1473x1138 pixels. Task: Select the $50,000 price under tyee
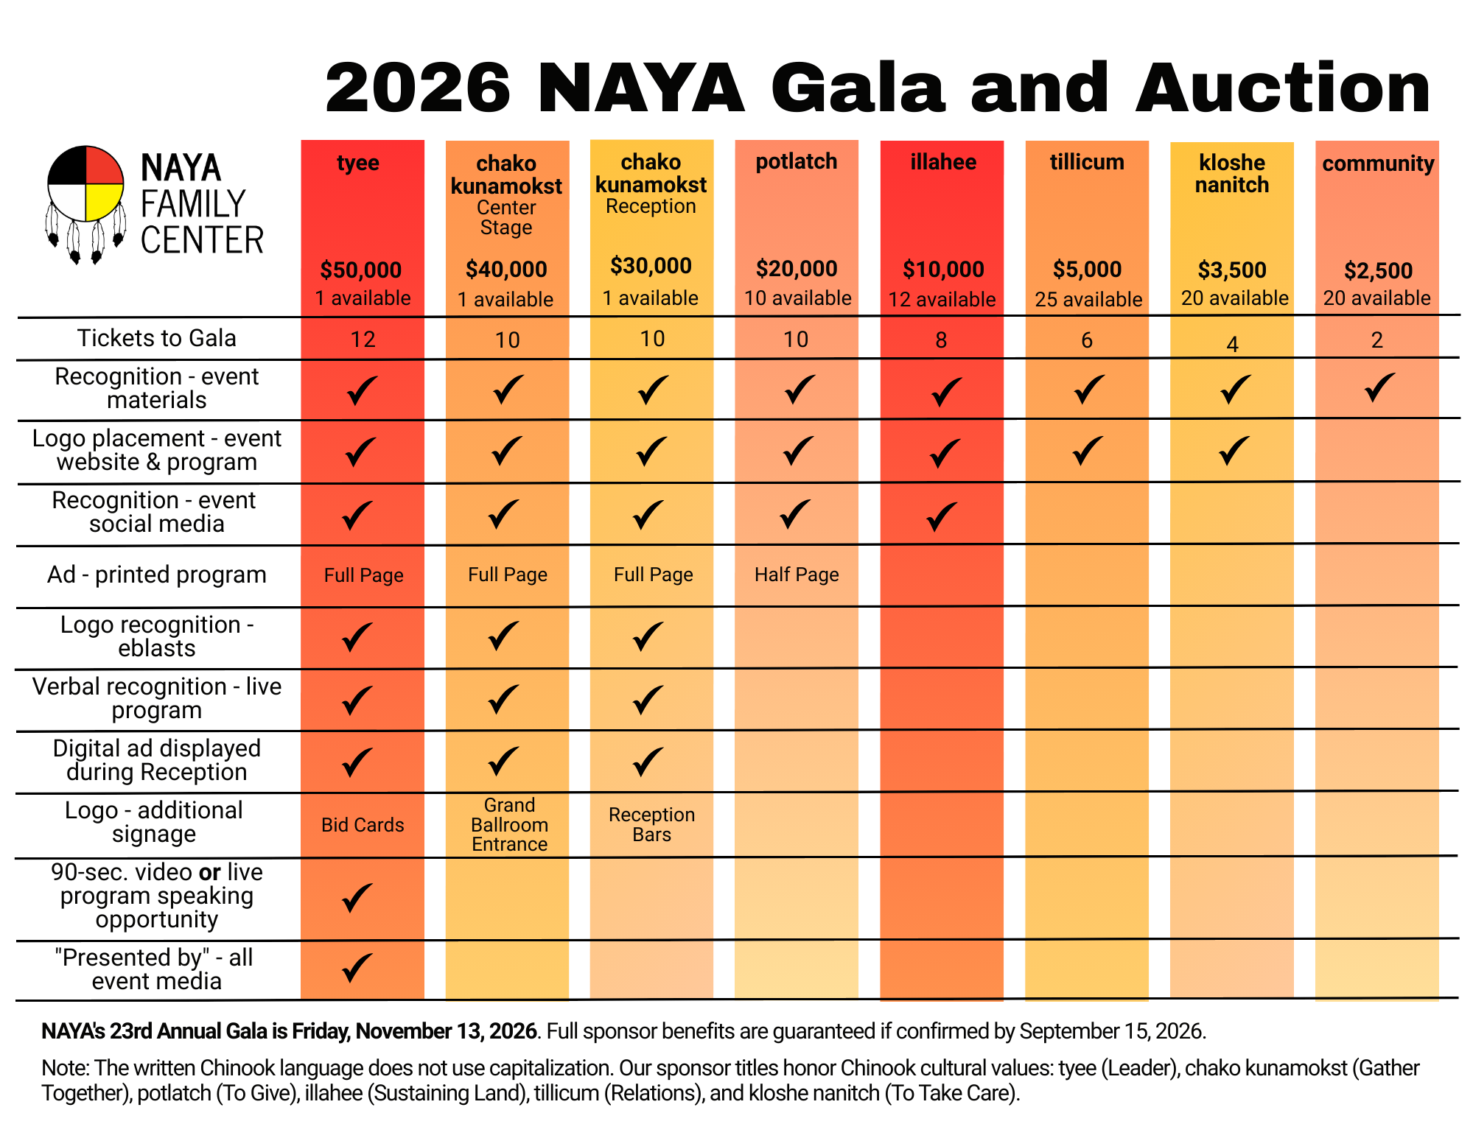[360, 270]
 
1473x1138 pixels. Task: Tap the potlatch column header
[796, 161]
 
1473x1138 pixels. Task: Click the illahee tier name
[942, 162]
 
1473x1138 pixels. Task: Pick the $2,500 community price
[1377, 271]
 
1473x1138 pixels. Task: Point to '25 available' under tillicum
[1088, 299]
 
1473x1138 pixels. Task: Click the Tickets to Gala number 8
[941, 340]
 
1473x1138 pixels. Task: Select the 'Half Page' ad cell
[796, 575]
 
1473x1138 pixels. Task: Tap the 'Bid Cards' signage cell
[363, 825]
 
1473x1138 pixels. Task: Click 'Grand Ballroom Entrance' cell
[509, 825]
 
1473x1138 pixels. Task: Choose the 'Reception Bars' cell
[651, 825]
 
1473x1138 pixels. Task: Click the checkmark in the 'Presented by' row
[357, 968]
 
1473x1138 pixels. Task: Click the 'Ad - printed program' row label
[156, 575]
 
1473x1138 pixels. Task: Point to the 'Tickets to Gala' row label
[156, 338]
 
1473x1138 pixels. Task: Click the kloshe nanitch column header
[1231, 174]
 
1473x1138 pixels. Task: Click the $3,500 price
[1231, 270]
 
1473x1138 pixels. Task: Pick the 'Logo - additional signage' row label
[153, 822]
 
